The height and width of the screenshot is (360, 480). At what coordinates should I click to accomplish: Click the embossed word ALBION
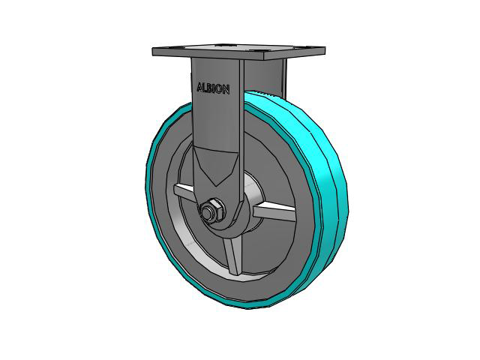point(213,88)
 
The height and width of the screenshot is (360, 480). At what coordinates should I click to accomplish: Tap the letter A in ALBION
point(200,87)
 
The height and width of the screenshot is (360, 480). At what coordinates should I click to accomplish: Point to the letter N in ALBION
point(226,90)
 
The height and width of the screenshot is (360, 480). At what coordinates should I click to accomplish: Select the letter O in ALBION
point(219,89)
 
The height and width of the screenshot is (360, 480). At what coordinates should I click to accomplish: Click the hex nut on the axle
point(213,210)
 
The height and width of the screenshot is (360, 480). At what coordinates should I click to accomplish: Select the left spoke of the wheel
point(184,192)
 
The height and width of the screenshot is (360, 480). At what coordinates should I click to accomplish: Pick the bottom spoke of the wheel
point(232,256)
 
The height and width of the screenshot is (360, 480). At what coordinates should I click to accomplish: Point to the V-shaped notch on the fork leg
point(215,166)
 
